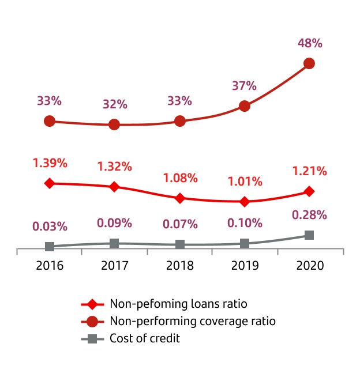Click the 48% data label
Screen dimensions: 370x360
click(x=309, y=43)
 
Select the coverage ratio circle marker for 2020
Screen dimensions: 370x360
click(x=309, y=63)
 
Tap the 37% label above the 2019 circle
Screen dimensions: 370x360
click(x=244, y=86)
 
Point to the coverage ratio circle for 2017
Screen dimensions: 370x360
click(x=114, y=124)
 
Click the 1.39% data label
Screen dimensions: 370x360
click(x=50, y=163)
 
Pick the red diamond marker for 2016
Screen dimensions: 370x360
click(x=50, y=183)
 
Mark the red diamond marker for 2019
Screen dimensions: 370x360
click(x=245, y=202)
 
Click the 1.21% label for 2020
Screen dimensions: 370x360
click(x=309, y=171)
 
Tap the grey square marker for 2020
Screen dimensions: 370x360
click(x=309, y=235)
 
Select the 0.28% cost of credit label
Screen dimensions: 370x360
click(x=309, y=215)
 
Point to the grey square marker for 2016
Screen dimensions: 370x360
click(x=50, y=247)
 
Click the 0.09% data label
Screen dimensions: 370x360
click(x=114, y=223)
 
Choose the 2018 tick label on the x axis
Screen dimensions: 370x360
click(x=179, y=266)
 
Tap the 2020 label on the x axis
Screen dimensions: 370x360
click(x=309, y=266)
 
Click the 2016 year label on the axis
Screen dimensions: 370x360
click(x=50, y=266)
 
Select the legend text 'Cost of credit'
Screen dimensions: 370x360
click(x=144, y=338)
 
